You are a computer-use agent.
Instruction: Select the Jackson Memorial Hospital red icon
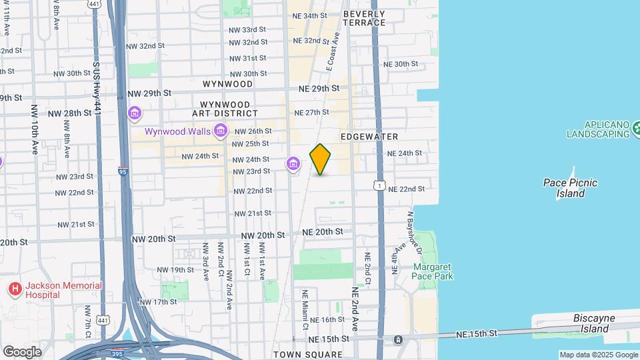pyautogui.click(x=14, y=289)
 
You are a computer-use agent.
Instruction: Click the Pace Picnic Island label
pyautogui.click(x=570, y=188)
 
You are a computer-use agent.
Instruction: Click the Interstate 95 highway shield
pyautogui.click(x=123, y=171)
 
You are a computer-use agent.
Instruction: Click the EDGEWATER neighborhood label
pyautogui.click(x=369, y=137)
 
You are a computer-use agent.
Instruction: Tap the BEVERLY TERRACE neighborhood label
pyautogui.click(x=364, y=18)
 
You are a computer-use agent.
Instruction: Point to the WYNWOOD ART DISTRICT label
pyautogui.click(x=225, y=109)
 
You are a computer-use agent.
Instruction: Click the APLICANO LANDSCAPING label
pyautogui.click(x=598, y=129)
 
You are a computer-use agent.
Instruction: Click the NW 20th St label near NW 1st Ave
pyautogui.click(x=263, y=235)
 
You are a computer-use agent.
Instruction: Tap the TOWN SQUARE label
pyautogui.click(x=307, y=355)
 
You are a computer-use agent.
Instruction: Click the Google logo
pyautogui.click(x=22, y=351)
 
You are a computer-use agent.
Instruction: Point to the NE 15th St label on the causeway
pyautogui.click(x=477, y=333)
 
